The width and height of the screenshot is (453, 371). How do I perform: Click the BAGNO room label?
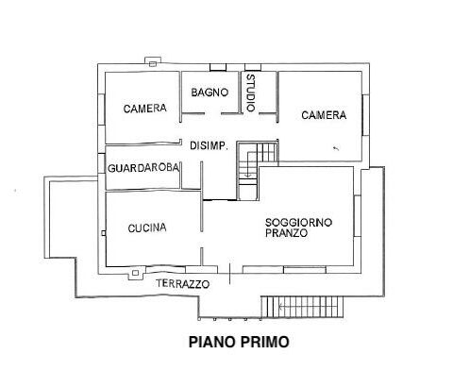click(x=210, y=93)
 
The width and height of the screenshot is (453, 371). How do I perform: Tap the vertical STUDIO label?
click(x=251, y=93)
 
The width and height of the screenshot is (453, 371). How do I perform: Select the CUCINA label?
click(x=147, y=228)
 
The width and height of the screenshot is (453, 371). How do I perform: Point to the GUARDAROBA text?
click(x=143, y=168)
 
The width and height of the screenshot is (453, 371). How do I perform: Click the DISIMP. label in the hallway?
click(x=210, y=146)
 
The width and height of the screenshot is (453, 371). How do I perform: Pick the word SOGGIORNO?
click(x=298, y=223)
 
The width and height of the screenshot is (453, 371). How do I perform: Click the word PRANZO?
click(x=286, y=233)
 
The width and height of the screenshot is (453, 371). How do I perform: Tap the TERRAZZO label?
click(x=183, y=284)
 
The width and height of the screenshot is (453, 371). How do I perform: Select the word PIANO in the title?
click(x=212, y=342)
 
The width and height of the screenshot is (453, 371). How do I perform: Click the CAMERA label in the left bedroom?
click(x=144, y=109)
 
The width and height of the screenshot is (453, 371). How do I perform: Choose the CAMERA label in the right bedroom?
click(x=324, y=115)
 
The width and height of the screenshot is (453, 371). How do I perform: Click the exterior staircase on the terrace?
click(x=302, y=307)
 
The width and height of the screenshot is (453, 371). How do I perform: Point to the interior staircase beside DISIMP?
click(x=257, y=171)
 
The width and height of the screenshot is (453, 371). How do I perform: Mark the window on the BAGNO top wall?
click(x=218, y=67)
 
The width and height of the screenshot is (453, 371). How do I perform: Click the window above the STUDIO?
click(x=253, y=67)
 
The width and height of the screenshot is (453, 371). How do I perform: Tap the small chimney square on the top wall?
click(x=153, y=64)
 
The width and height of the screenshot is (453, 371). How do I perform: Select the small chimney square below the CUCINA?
click(x=135, y=273)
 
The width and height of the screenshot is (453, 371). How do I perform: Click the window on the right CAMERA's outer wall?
click(x=365, y=115)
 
